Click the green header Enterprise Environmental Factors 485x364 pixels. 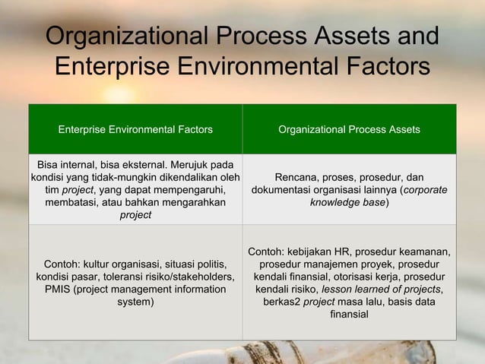135,130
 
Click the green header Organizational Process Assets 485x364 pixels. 349,130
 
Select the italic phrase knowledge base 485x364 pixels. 347,203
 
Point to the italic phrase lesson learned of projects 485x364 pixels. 381,290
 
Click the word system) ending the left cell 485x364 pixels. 135,302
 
